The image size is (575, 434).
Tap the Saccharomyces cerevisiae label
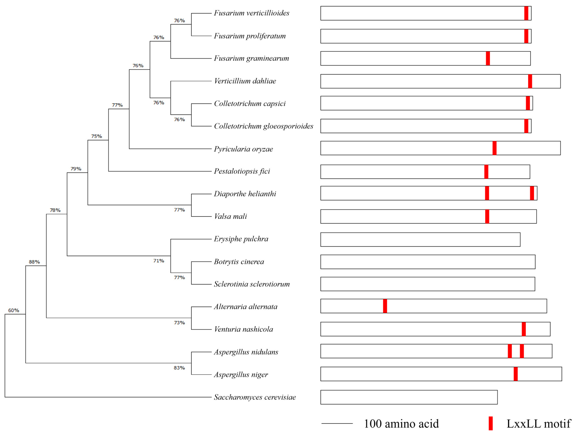point(255,397)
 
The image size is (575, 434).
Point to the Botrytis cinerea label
point(239,262)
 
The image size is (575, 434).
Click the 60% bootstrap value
point(13,310)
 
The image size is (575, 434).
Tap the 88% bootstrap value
point(34,262)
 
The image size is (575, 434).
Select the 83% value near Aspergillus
point(179,368)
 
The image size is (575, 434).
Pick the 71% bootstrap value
point(158,260)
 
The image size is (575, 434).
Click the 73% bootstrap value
point(179,323)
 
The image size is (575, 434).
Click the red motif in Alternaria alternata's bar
point(385,306)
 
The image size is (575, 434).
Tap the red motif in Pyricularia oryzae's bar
point(494,148)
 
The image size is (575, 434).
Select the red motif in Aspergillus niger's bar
point(516,374)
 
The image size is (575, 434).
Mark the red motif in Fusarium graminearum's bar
point(488,58)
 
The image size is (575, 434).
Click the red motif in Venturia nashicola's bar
point(524,329)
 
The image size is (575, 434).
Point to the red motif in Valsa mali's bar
point(487,217)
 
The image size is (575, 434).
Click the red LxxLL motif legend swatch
point(491,423)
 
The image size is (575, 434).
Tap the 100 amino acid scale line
point(337,423)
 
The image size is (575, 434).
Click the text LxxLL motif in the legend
point(539,424)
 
